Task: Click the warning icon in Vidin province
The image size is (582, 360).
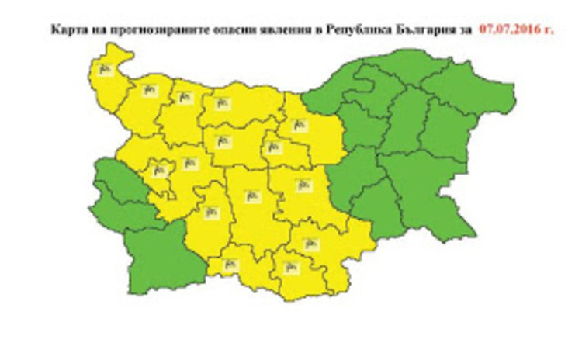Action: click(x=106, y=70)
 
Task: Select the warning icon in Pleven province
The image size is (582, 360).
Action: click(x=222, y=101)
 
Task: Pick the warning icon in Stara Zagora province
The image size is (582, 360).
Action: click(x=301, y=185)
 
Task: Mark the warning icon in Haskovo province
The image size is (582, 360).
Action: click(x=310, y=243)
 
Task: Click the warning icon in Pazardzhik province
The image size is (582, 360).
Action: click(x=209, y=209)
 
